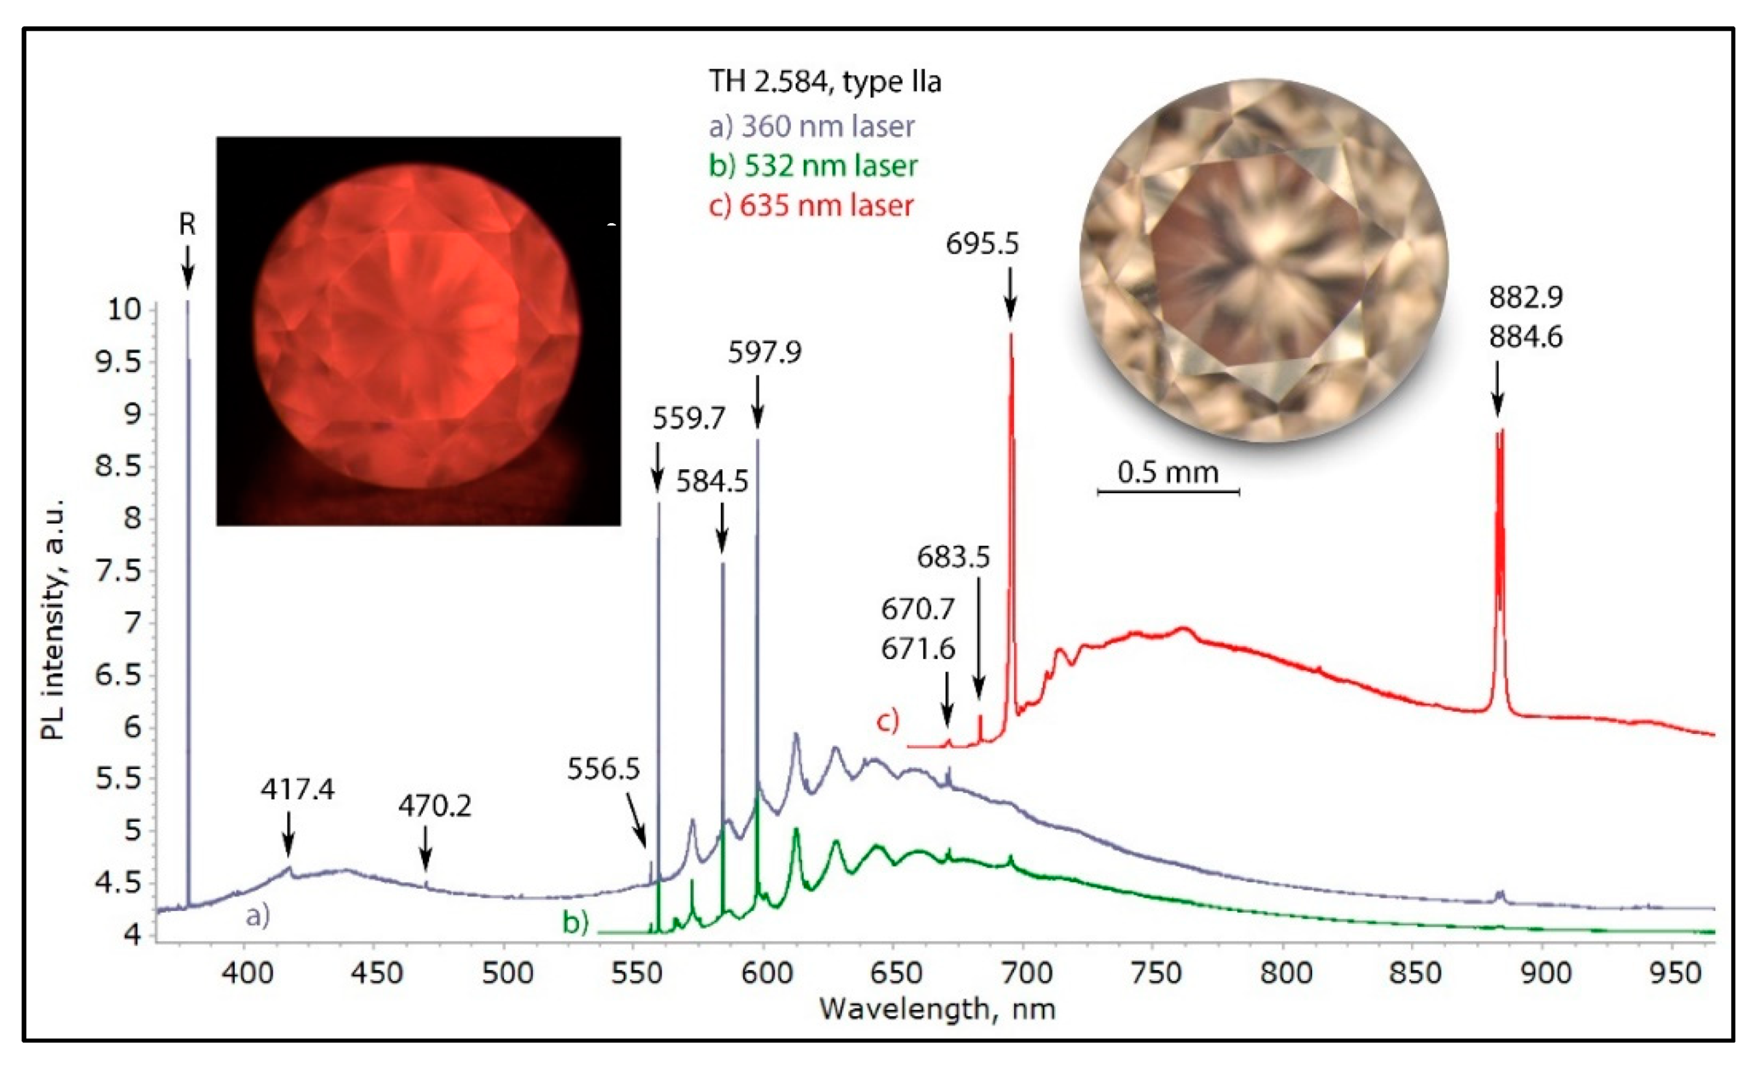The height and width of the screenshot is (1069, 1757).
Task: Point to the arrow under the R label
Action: point(187,267)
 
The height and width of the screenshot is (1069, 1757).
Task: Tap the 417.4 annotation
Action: point(297,789)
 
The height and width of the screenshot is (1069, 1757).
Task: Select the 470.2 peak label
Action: point(435,806)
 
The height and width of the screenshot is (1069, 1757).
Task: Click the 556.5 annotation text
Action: point(603,769)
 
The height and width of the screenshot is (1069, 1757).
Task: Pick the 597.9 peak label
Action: point(764,352)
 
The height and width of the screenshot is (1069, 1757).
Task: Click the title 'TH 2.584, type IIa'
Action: point(824,82)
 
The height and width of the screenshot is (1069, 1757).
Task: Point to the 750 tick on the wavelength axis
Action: point(1156,972)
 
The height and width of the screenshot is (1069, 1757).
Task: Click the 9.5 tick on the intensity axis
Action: point(118,362)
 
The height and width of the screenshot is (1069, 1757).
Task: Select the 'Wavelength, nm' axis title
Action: point(937,1008)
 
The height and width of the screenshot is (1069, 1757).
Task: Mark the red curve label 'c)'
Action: point(887,721)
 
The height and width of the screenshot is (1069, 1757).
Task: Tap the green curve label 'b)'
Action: point(576,921)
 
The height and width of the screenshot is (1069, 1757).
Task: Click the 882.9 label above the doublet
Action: point(1525,297)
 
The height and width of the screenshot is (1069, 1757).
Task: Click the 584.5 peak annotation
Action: point(712,482)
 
